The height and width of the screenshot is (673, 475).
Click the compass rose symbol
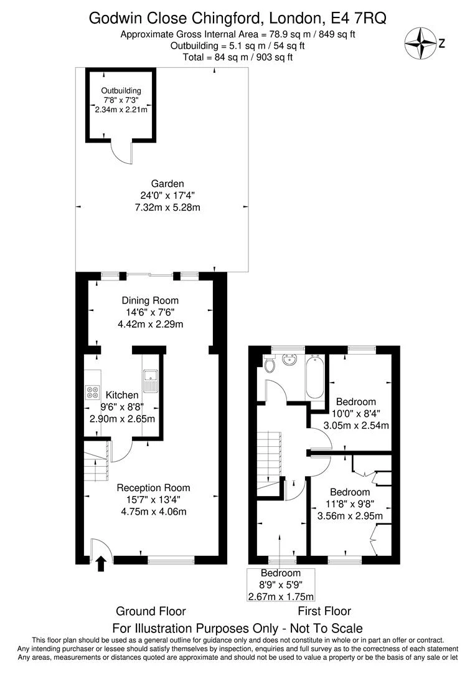click(421, 43)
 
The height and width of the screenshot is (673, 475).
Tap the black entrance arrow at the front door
click(101, 563)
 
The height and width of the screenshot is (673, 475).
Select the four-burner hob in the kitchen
click(92, 392)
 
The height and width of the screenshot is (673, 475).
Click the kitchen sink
click(151, 381)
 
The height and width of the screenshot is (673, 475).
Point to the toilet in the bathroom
click(270, 364)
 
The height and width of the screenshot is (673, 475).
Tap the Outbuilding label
click(121, 90)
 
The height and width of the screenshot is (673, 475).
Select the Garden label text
click(167, 184)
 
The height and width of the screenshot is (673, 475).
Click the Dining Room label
click(150, 300)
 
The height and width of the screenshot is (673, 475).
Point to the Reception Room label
click(154, 487)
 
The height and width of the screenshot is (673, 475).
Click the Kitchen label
click(122, 395)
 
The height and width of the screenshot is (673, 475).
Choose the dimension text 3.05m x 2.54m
click(356, 426)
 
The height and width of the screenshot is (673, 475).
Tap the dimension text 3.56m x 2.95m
click(350, 516)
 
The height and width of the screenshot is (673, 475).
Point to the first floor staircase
click(269, 461)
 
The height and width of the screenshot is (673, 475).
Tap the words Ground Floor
click(151, 611)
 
